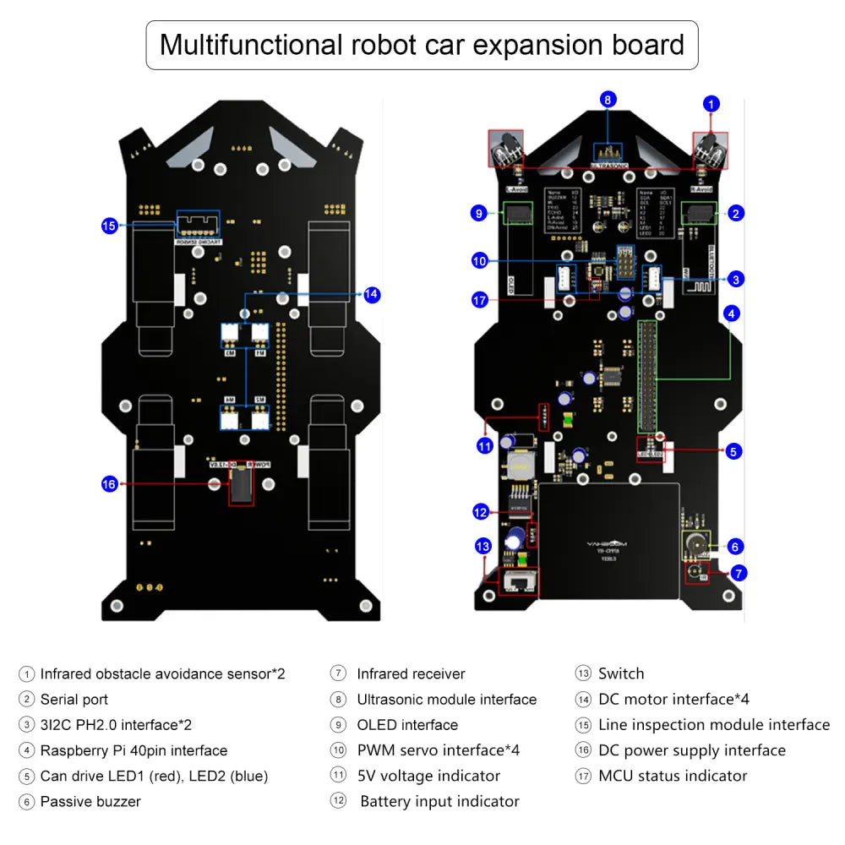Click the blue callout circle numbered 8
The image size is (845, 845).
click(608, 100)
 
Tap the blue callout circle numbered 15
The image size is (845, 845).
click(109, 226)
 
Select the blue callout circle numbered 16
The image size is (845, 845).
click(109, 484)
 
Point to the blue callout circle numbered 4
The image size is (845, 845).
click(732, 313)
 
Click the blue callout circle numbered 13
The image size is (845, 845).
click(483, 546)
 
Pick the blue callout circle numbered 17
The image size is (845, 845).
click(480, 299)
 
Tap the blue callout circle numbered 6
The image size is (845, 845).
click(735, 547)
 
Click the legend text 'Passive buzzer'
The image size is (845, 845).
click(90, 801)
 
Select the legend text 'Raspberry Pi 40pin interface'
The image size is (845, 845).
click(134, 750)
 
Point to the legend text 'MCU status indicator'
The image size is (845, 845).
click(673, 776)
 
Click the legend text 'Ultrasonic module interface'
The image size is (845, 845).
click(446, 700)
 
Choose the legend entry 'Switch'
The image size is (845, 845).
click(621, 673)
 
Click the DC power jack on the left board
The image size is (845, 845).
click(241, 485)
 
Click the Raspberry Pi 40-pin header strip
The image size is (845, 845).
click(647, 376)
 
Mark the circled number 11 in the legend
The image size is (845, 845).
click(339, 776)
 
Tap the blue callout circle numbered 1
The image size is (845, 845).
click(712, 104)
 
